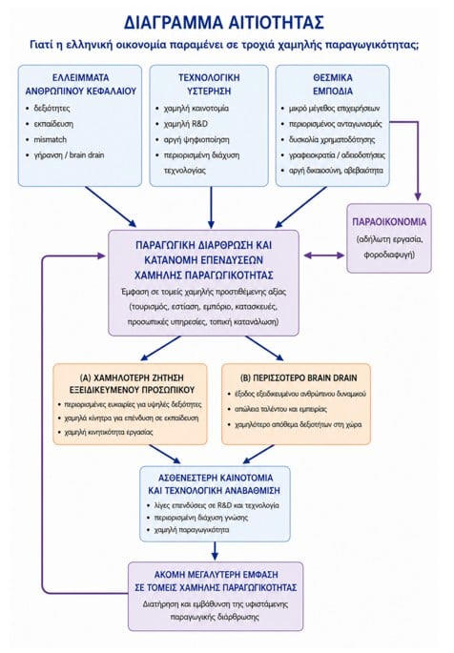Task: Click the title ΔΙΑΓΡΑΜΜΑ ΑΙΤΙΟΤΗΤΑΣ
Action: coord(224,23)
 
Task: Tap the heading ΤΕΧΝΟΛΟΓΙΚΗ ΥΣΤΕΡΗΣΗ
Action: coord(209,84)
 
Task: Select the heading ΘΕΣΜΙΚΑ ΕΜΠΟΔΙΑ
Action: coord(332,84)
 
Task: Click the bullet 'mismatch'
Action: coord(50,139)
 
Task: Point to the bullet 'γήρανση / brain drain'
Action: coord(69,155)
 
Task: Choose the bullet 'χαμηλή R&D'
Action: coord(186,124)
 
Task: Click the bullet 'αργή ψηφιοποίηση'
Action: coord(196,140)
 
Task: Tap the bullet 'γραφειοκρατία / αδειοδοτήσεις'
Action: coord(337,155)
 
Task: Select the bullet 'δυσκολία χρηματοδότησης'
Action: coord(332,140)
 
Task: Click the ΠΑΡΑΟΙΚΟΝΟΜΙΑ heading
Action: coord(389,222)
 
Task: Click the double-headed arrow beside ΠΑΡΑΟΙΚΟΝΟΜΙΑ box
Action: coord(324,255)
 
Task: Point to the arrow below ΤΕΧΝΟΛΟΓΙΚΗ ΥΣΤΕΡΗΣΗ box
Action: coord(211,208)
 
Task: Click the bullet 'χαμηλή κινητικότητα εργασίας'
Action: coord(109,432)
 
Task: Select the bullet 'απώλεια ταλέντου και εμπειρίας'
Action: coord(280,409)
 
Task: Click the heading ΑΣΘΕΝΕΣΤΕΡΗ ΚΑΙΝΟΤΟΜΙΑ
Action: coord(216,478)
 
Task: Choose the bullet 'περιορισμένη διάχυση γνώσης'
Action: coord(201,518)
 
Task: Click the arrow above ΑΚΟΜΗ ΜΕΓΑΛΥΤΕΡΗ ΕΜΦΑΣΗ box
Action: coord(215,551)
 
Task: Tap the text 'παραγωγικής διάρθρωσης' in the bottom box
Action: coord(215,617)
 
